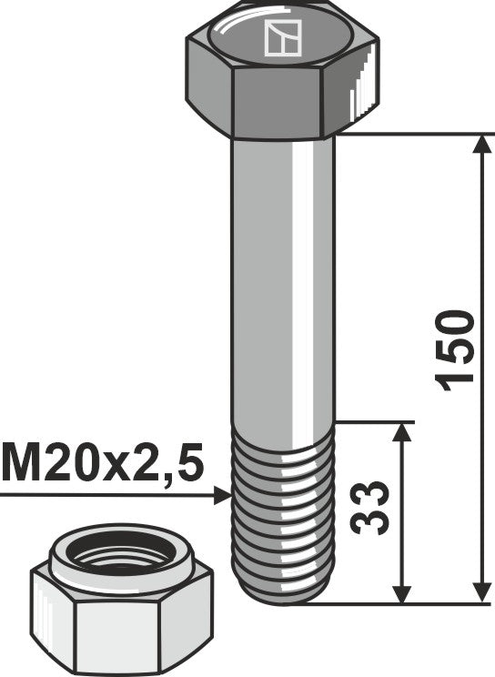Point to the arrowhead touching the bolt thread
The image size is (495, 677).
224,496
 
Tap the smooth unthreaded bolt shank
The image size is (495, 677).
283,273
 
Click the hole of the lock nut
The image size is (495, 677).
111,555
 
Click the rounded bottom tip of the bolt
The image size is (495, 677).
283,595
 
